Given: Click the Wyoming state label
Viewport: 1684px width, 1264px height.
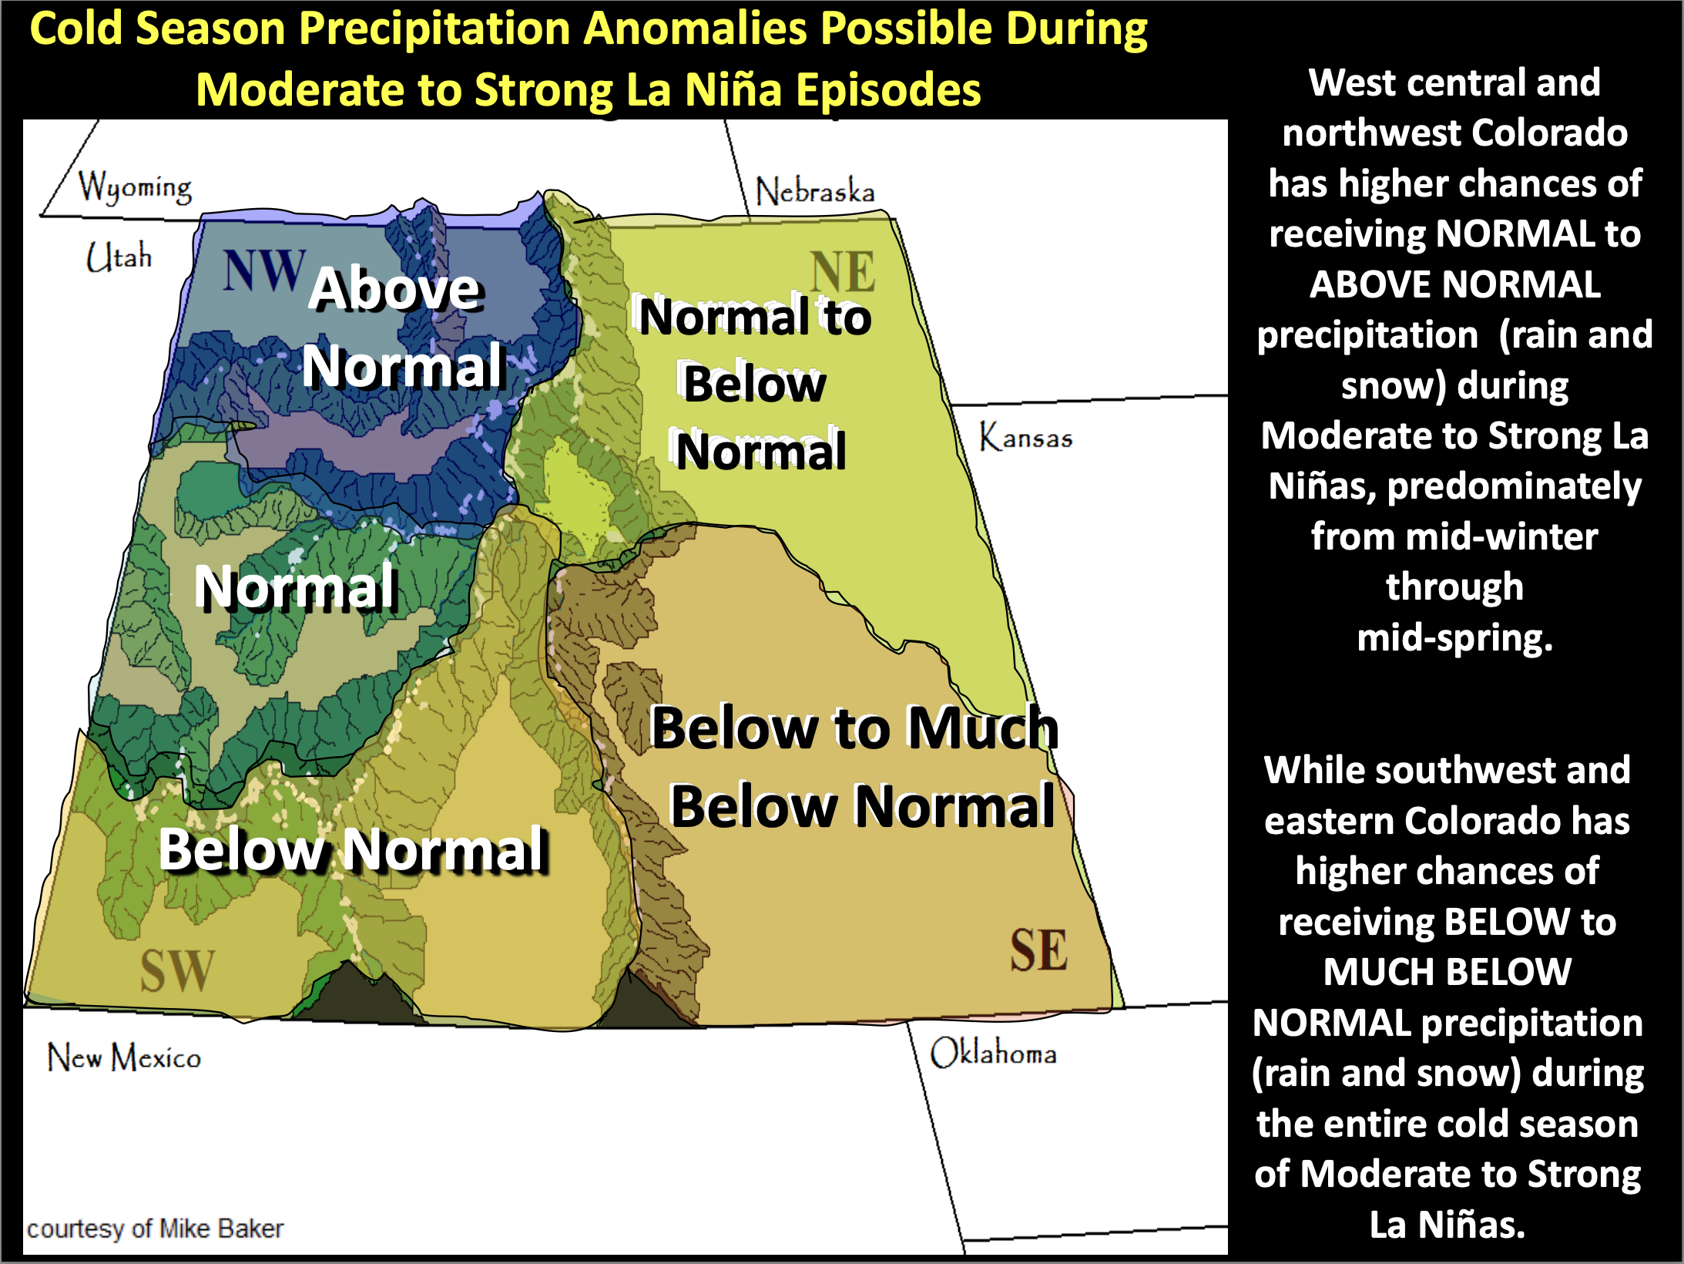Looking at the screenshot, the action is coord(135,187).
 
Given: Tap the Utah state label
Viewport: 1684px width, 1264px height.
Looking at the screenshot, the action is coord(119,257).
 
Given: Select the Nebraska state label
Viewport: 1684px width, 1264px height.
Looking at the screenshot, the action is coord(815,191).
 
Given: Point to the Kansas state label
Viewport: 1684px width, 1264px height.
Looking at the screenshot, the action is coord(1025,437).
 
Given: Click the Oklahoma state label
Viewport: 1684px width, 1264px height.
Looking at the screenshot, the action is coord(993,1053).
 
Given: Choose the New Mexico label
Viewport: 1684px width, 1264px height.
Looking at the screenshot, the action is coord(124,1057).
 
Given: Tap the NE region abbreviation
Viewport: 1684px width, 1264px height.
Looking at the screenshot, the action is coord(842,271).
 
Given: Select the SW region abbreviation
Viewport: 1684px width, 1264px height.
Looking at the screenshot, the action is coord(177,970).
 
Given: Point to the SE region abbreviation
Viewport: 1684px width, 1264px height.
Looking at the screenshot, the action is coord(1039,950).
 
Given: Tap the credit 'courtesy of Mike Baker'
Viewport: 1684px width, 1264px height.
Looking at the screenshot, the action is coord(155,1228).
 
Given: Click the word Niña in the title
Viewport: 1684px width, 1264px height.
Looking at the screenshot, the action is coord(731,89).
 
